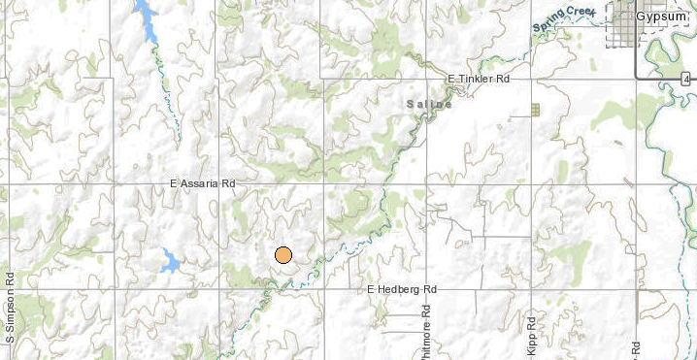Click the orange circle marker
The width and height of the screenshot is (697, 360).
click(283, 255)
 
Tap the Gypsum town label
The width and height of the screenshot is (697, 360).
click(665, 18)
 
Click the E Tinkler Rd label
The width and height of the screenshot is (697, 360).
click(478, 79)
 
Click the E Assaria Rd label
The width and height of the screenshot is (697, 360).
click(203, 182)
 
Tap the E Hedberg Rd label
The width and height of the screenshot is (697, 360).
click(402, 289)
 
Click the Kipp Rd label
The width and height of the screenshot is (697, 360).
click(532, 335)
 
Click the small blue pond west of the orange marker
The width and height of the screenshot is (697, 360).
click(170, 260)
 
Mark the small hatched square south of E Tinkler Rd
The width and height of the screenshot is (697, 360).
click(535, 111)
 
